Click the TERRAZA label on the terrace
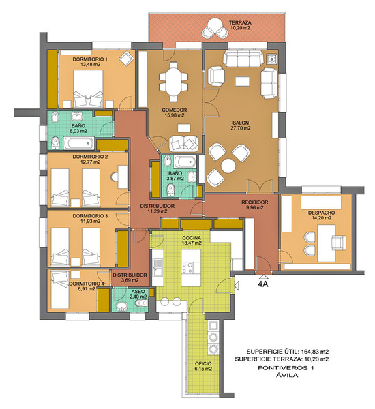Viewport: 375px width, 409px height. click(x=240, y=22)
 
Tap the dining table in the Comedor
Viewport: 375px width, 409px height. click(x=173, y=81)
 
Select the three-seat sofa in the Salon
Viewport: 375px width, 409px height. click(x=243, y=59)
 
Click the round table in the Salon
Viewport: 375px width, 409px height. click(x=228, y=166)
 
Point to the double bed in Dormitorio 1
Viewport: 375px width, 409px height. click(x=88, y=89)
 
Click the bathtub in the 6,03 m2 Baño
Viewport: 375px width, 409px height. click(x=78, y=143)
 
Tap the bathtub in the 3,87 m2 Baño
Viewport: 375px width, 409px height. click(x=185, y=162)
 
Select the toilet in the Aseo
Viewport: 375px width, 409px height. click(x=141, y=303)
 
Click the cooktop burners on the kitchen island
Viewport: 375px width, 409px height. click(x=187, y=268)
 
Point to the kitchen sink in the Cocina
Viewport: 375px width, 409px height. click(x=157, y=267)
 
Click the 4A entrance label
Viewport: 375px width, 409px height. click(x=263, y=284)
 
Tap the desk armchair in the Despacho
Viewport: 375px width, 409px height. click(x=339, y=242)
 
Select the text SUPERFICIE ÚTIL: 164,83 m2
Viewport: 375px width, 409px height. click(x=287, y=351)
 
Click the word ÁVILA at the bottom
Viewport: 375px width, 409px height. click(x=286, y=376)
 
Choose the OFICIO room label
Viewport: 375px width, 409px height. click(x=203, y=363)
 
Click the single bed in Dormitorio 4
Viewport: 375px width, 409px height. click(x=60, y=290)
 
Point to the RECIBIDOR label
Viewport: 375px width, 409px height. click(x=254, y=202)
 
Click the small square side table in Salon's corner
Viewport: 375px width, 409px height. click(x=271, y=59)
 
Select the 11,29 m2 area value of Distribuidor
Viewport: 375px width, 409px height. click(x=157, y=211)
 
